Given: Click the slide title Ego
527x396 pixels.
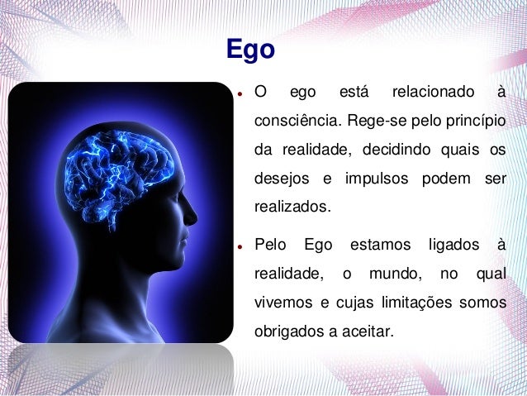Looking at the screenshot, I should click(250, 50).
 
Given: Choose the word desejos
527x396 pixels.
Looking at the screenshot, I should click(278, 179).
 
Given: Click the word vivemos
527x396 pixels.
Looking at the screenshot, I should click(282, 303).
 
